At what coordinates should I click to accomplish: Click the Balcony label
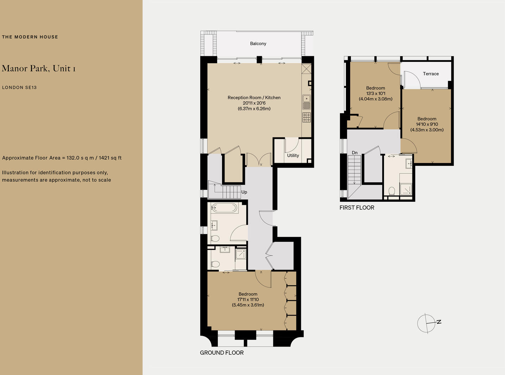coord(258,44)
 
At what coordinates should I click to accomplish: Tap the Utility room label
coord(293,155)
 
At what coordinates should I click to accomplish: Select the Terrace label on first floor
coord(431,74)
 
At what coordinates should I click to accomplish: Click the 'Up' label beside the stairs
coord(244,192)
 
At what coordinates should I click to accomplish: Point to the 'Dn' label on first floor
coord(355,153)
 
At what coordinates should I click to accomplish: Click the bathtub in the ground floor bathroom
coord(224,208)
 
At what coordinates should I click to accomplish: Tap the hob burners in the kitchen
coord(307,117)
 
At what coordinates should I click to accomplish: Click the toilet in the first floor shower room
coord(392,191)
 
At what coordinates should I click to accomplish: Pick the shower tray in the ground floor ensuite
coord(241,254)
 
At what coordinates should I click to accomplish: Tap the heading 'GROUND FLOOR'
coord(222,353)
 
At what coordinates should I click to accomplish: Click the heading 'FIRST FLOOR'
coord(357,208)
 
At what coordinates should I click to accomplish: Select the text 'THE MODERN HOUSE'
coord(30,37)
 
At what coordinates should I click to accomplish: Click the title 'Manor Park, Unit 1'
coord(38,68)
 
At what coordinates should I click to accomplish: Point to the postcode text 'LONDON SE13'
coord(19,88)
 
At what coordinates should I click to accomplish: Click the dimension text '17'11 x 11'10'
coord(248,300)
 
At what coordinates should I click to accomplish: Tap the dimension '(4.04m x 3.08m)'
coord(375,99)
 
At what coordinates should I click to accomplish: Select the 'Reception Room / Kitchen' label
coord(254,98)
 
